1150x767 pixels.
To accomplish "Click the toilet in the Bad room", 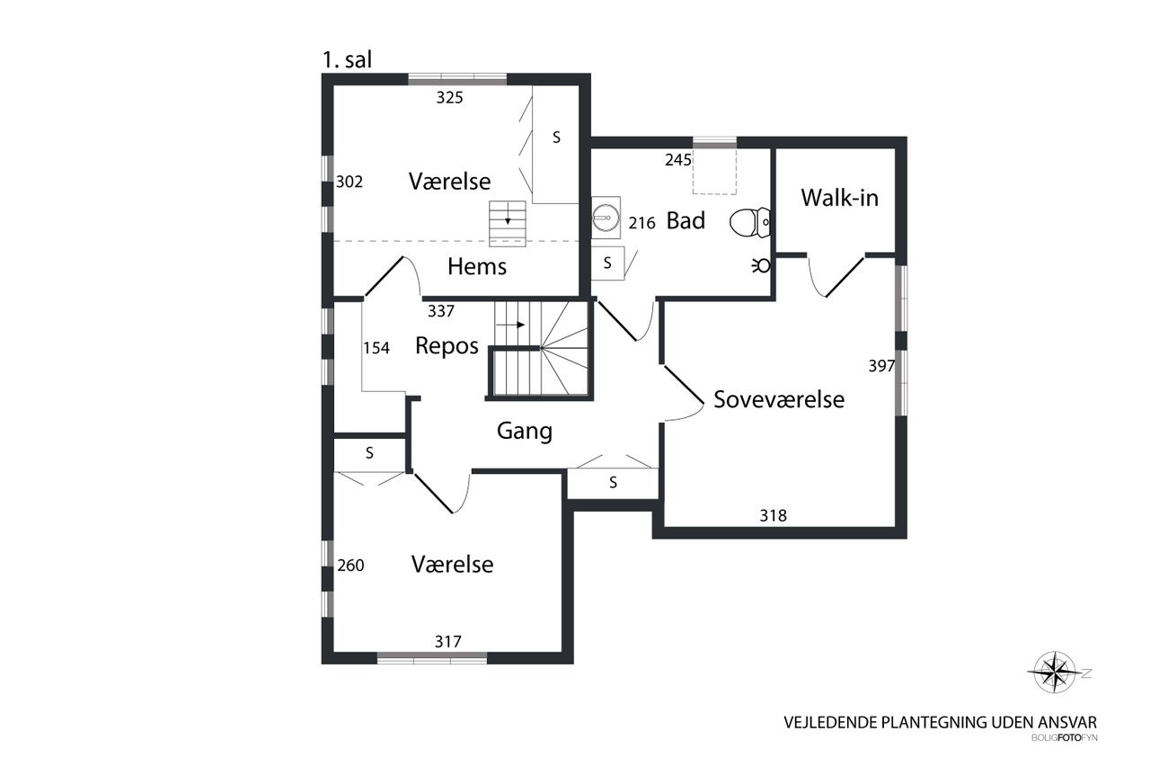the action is (x=749, y=222).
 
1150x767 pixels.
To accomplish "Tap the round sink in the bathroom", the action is (x=606, y=218).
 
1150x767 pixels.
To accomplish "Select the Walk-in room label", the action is (x=839, y=198).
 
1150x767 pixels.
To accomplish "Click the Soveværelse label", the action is (x=779, y=399).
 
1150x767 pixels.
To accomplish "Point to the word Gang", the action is (x=524, y=431).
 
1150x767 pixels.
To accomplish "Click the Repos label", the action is (x=447, y=346).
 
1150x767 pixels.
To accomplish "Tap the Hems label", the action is (x=477, y=267).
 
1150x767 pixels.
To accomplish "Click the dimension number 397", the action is (x=881, y=366).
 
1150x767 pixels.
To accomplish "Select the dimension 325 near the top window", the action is (x=450, y=98).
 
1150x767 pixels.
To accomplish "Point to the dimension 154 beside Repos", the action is (x=376, y=348).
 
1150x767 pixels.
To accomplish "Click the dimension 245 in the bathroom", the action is (x=678, y=160).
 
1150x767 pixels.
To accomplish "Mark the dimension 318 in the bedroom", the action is (x=774, y=515).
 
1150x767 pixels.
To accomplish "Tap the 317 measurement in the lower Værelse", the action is (x=448, y=642).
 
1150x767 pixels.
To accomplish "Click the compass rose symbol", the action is (x=1055, y=672).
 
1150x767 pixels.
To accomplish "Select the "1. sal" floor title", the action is (x=347, y=59).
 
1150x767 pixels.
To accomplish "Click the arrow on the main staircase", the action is (x=510, y=325).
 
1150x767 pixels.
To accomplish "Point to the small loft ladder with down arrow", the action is (x=508, y=224).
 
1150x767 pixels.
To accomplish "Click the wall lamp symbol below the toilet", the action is (x=762, y=265).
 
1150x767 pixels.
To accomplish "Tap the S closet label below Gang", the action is (x=613, y=482).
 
